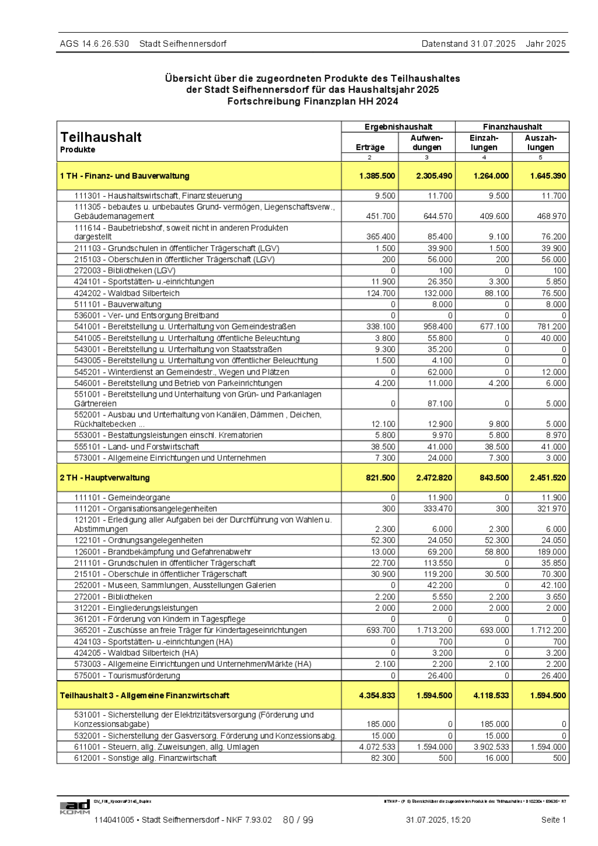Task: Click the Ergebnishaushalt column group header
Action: click(398, 127)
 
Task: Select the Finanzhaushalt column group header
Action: click(512, 127)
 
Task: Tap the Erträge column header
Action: click(370, 147)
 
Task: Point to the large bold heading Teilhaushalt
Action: click(101, 137)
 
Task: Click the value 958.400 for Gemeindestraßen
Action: click(438, 327)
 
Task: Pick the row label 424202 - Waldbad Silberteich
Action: click(127, 293)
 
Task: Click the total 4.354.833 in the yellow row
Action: click(377, 696)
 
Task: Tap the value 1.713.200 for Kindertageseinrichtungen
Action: click(434, 630)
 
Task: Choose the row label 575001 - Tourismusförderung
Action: click(127, 676)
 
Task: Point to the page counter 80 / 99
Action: click(298, 820)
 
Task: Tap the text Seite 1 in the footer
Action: click(553, 820)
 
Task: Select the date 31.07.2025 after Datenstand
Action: click(493, 44)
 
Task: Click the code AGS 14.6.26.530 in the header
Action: click(94, 44)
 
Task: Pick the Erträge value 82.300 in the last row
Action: click(383, 758)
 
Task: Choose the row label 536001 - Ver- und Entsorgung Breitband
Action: click(146, 316)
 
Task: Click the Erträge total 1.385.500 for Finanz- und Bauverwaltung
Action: click(377, 176)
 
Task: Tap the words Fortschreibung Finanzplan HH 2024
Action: click(312, 101)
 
